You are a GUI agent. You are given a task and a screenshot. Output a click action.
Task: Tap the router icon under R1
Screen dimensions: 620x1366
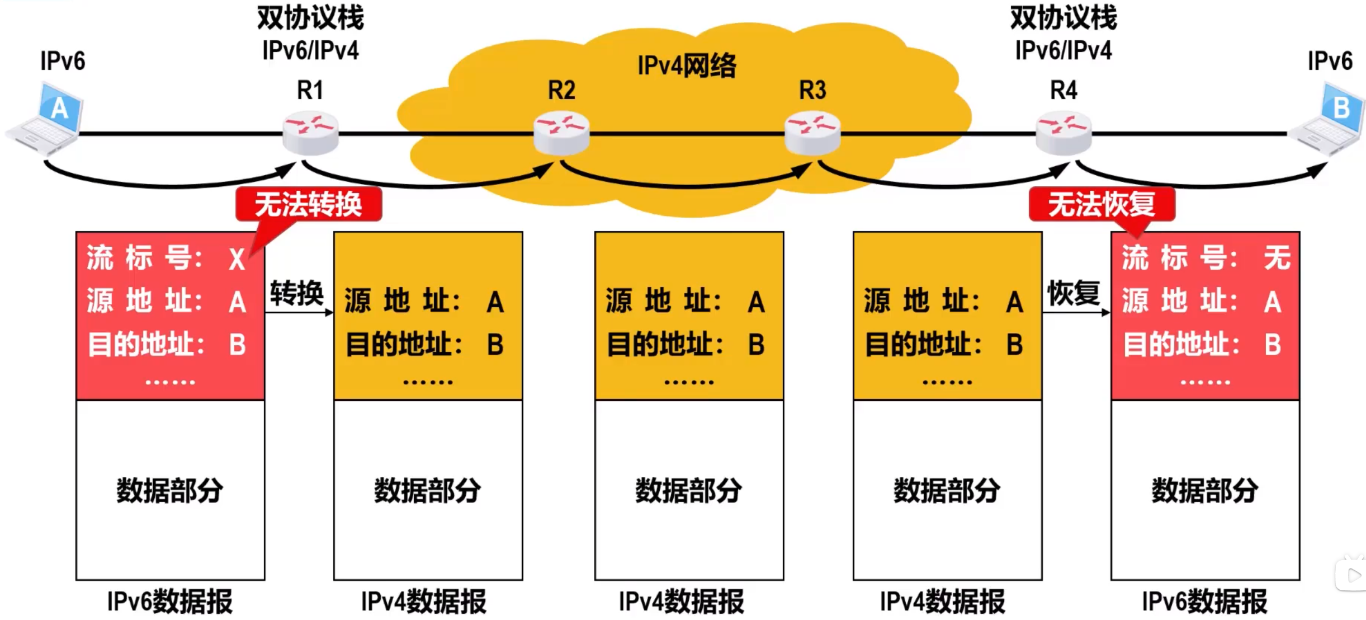(310, 133)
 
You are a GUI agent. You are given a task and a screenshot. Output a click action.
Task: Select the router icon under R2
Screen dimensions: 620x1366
(561, 133)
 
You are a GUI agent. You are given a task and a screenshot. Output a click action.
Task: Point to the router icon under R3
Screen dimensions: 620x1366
(812, 133)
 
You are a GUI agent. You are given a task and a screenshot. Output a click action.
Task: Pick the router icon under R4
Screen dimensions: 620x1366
(1064, 133)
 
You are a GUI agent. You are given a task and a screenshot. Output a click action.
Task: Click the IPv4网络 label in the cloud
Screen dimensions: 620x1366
(687, 66)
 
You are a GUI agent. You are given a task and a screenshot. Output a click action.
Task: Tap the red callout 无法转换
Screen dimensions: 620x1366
(309, 204)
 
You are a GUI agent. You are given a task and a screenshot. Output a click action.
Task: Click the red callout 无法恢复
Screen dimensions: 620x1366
(1102, 204)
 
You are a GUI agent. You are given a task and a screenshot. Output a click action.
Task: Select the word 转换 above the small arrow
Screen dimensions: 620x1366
(296, 293)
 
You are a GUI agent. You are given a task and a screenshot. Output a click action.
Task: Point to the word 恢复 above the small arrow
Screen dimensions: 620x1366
(1074, 293)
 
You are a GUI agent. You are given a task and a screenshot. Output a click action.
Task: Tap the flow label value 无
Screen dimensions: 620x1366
(1277, 258)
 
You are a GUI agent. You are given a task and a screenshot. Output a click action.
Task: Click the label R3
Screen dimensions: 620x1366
(812, 90)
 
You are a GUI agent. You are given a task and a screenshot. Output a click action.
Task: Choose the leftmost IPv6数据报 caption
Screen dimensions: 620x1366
(170, 602)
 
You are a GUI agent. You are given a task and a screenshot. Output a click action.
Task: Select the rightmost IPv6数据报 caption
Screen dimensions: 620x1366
(1204, 602)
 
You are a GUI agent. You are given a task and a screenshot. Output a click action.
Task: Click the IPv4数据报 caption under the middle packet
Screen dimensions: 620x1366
(681, 602)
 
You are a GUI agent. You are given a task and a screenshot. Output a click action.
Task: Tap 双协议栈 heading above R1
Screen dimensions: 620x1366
(310, 18)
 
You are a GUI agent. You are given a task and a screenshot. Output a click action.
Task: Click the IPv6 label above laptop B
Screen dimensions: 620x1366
(1330, 61)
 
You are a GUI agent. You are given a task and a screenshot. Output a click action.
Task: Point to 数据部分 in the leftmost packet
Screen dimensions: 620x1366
(170, 491)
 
